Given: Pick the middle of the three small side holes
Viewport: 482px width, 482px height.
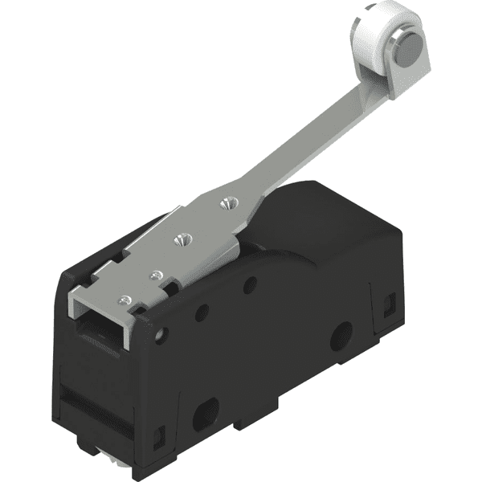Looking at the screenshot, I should coord(202,312).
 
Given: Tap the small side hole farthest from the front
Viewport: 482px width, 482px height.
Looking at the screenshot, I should coord(250,284).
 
